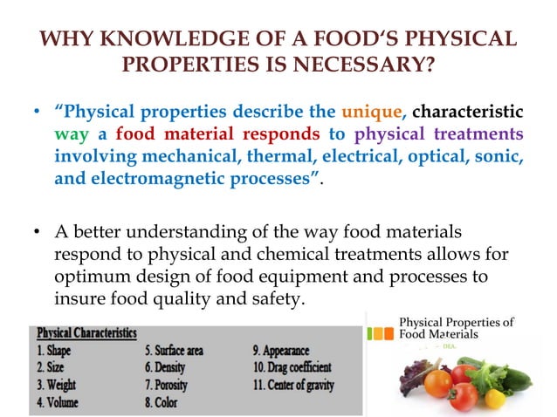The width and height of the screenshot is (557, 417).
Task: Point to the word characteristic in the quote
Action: click(467, 113)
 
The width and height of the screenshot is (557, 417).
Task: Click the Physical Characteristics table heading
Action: click(86, 332)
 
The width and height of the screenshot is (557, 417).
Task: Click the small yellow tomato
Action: click(495, 398)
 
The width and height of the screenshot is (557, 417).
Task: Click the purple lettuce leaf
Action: click(408, 384)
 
